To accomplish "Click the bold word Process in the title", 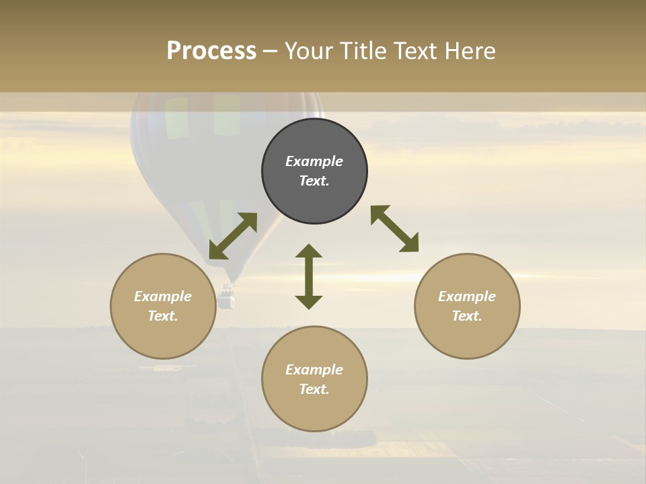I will pos(211,51).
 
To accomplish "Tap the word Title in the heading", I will pos(361,51).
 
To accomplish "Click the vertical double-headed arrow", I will pos(309,276).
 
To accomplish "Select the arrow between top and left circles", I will pos(233,236).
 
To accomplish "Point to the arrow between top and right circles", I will pos(394,229).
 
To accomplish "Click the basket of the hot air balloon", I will pos(227,297).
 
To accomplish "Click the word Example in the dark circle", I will pos(314,161).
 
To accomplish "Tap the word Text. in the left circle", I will pos(163,316).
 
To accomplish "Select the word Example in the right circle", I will pos(467,296).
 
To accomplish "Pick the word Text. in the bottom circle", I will pos(314,389).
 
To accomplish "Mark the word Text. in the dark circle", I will pos(314,181).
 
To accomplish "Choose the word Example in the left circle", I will pos(163,296).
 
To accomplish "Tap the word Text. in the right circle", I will pos(467,316).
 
